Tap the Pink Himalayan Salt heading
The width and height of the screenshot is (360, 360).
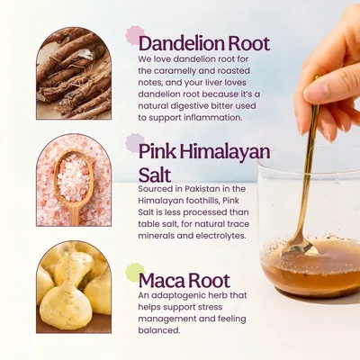pyautogui.click(x=204, y=164)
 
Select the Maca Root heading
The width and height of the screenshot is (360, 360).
pyautogui.click(x=184, y=281)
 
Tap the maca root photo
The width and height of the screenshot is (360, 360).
pyautogui.click(x=74, y=287)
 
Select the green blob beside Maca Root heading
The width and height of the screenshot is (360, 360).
pyautogui.click(x=135, y=273)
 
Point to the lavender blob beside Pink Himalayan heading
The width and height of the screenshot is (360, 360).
pyautogui.click(x=135, y=143)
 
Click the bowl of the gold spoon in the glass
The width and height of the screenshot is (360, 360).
pyautogui.click(x=299, y=247)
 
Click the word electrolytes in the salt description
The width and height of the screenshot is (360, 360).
pyautogui.click(x=220, y=236)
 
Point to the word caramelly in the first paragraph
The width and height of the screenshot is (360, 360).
pyautogui.click(x=174, y=71)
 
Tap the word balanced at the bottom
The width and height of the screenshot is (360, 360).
pyautogui.click(x=159, y=330)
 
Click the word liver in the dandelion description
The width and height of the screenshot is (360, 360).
pyautogui.click(x=207, y=82)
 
